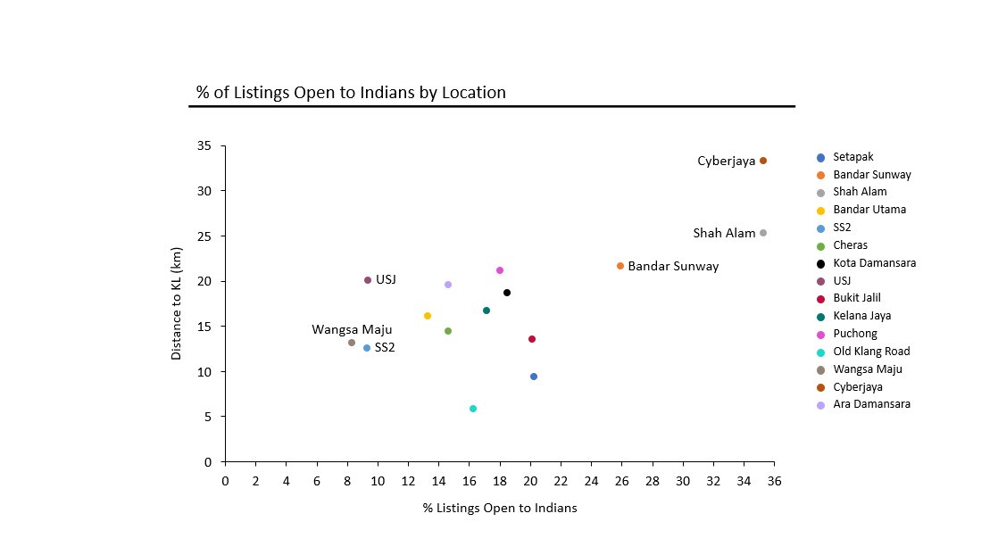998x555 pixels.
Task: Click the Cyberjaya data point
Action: point(763,161)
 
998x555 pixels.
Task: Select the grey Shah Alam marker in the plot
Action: point(763,233)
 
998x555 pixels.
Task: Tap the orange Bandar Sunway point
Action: point(620,266)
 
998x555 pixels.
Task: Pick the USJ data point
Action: point(368,280)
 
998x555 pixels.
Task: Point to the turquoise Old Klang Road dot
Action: point(473,409)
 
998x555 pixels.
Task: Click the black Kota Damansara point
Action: point(507,293)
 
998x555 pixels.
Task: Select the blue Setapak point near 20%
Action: point(534,377)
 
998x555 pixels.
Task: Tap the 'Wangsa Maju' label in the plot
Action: point(352,330)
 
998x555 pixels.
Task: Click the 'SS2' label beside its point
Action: point(385,347)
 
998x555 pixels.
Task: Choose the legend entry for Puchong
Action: point(854,334)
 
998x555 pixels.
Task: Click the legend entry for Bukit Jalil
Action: point(857,298)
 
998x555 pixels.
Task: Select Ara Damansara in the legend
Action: point(871,404)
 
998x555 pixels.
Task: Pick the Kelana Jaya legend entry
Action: point(861,316)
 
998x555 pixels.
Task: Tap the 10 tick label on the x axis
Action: point(378,481)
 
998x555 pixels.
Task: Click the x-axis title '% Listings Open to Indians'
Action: point(500,509)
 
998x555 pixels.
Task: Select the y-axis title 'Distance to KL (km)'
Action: point(177,304)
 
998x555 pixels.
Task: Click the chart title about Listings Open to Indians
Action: point(351,92)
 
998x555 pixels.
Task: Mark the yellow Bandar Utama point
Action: point(428,316)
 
